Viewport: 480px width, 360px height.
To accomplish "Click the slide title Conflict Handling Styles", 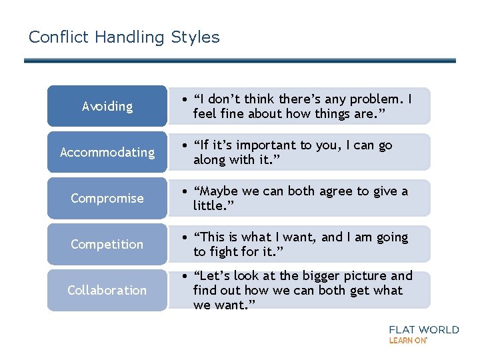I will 124,37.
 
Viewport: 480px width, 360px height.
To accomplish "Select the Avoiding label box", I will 107,106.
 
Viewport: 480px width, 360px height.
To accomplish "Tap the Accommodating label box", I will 107,152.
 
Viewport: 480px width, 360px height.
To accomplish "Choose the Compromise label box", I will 107,198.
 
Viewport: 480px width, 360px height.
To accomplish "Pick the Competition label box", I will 107,244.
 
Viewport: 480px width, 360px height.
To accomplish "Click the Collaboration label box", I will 107,290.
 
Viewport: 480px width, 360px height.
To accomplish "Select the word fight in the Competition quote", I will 225,251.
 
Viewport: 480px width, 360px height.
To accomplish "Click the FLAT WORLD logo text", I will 423,329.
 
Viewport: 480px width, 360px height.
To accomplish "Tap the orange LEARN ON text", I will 407,340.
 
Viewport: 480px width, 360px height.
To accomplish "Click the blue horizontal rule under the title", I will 240,61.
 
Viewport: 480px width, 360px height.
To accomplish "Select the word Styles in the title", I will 195,37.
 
